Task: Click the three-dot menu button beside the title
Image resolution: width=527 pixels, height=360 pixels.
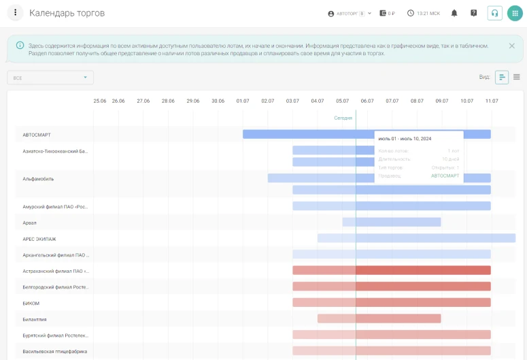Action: click(x=15, y=13)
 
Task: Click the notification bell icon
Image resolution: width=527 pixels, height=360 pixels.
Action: click(x=454, y=13)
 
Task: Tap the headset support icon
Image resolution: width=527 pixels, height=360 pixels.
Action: click(x=494, y=13)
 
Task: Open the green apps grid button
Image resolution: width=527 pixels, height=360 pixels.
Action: click(x=515, y=13)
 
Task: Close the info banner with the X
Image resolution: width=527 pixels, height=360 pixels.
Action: click(x=511, y=46)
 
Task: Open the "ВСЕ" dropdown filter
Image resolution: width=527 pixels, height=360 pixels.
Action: click(x=50, y=78)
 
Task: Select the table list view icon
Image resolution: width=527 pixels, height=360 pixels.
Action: click(x=517, y=77)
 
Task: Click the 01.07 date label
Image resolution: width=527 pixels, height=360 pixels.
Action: click(x=243, y=101)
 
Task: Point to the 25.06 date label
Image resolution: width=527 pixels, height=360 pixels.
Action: click(x=100, y=101)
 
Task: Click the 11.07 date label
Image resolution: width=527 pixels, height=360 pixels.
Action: click(x=491, y=101)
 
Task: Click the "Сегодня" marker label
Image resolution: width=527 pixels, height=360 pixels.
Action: click(x=343, y=118)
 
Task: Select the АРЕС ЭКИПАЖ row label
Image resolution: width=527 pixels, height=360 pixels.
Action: click(x=39, y=239)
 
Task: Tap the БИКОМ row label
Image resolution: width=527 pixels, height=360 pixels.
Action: click(x=31, y=303)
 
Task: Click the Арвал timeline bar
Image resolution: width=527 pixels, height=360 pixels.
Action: click(x=392, y=222)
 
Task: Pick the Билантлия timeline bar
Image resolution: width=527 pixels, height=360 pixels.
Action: click(x=379, y=318)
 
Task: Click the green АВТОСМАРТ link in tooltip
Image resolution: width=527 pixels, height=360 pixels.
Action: click(x=445, y=176)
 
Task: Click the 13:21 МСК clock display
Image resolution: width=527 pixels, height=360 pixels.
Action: click(x=424, y=13)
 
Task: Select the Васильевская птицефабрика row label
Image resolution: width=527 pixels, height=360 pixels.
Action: click(x=55, y=351)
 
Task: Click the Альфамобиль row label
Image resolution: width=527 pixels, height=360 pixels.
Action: click(x=38, y=179)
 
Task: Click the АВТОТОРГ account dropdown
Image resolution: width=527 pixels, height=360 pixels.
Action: click(x=350, y=13)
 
